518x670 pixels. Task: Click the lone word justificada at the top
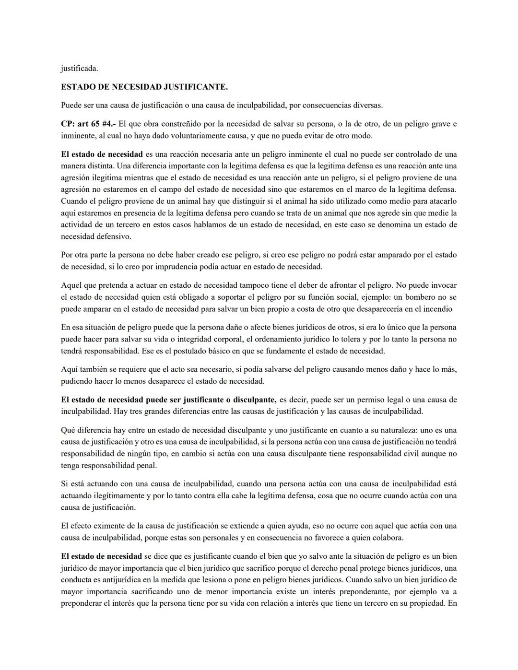click(x=79, y=68)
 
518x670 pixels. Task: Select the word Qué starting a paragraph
click(x=68, y=430)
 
